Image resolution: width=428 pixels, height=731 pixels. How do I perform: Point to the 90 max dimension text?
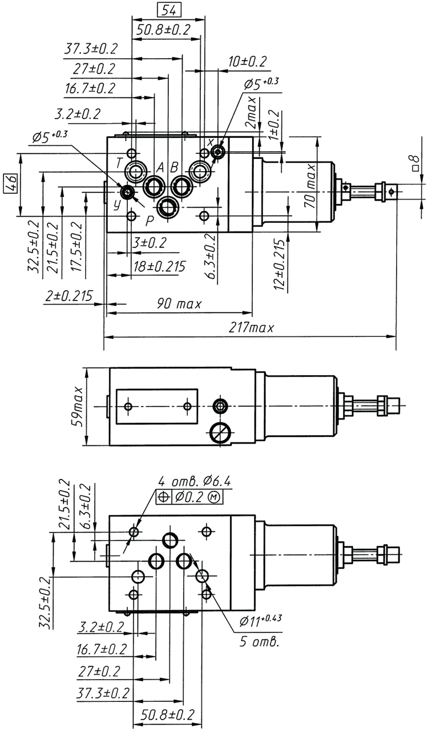[x=179, y=304]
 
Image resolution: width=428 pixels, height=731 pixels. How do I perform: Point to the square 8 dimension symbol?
[x=415, y=162]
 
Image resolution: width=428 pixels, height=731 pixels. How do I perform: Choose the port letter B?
[x=175, y=166]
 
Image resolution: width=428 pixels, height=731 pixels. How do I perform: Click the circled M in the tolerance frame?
[x=215, y=497]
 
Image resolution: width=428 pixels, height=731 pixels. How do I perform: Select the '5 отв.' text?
[x=260, y=640]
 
